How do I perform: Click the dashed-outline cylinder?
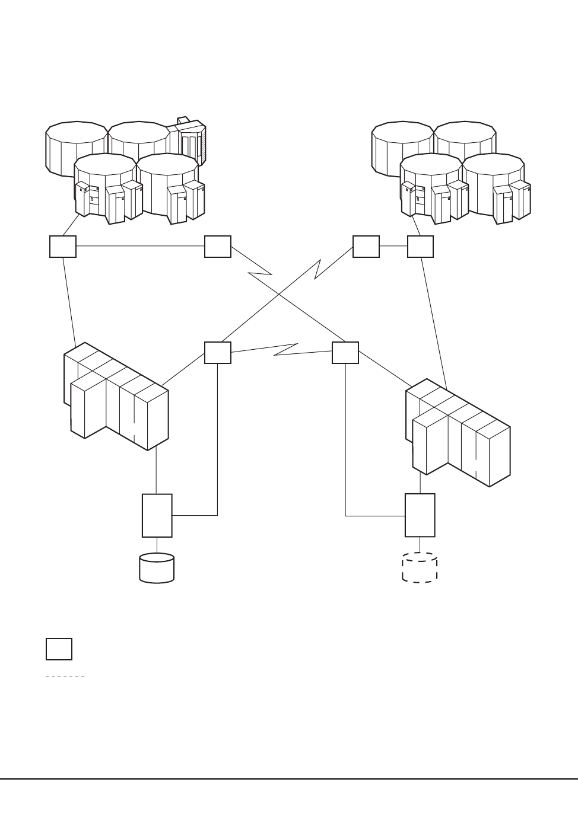coord(420,569)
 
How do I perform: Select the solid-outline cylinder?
coord(157,569)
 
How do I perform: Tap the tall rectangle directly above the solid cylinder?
coord(157,516)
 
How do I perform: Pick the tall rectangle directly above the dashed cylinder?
coord(420,515)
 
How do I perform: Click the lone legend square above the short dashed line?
coord(59,649)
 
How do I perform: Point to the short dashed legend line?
coord(65,676)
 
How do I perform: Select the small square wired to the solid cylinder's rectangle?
coord(218,353)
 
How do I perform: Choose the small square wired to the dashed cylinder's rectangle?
coord(345,353)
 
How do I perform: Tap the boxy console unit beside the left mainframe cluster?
coord(189,142)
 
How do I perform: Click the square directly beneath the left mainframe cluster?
coord(63,247)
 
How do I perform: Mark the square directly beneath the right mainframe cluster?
coord(421,247)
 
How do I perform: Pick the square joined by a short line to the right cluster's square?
coord(366,247)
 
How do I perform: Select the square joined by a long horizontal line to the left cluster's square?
coord(218,247)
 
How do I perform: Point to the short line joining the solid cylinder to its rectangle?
coord(157,545)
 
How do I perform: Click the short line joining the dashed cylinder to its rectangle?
coord(420,545)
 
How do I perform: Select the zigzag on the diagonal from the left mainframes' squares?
coord(260,273)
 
